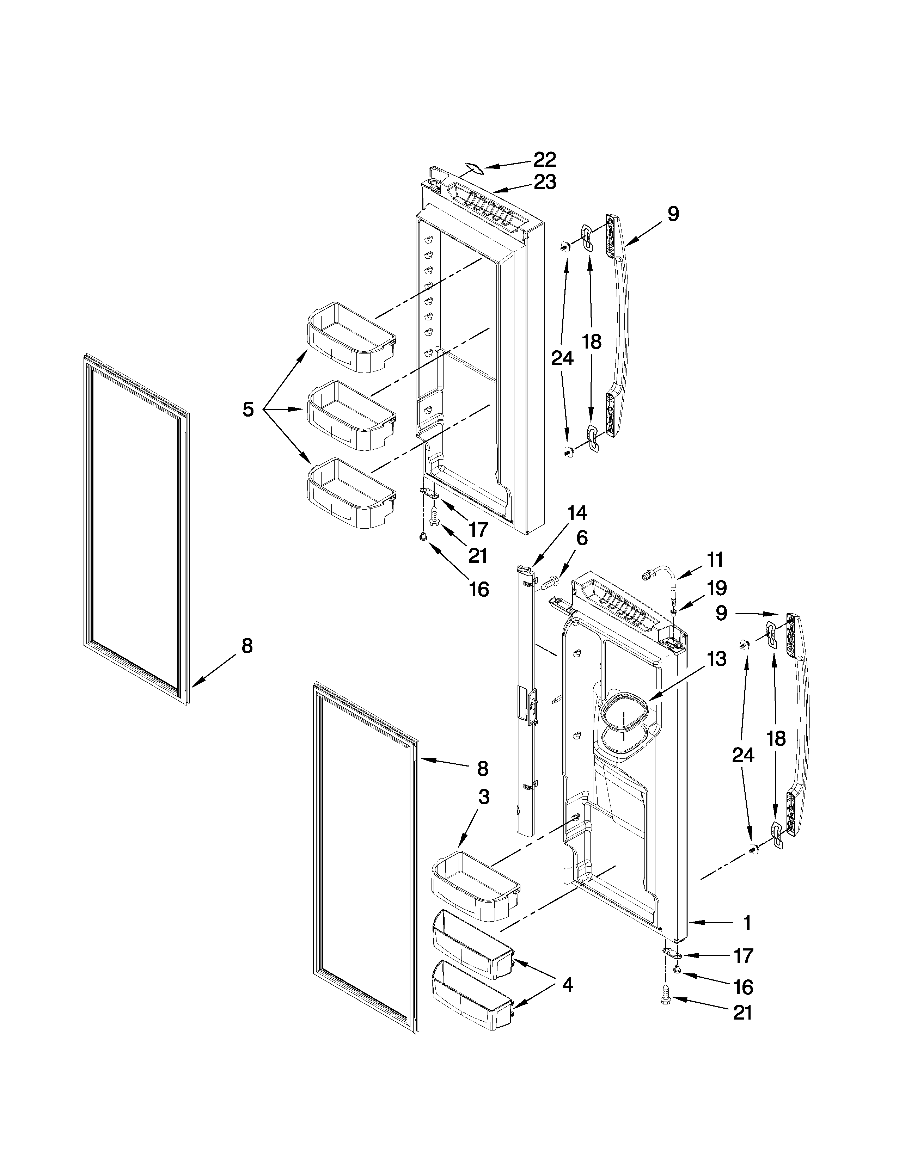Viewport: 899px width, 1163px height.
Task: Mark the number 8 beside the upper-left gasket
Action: [x=246, y=646]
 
